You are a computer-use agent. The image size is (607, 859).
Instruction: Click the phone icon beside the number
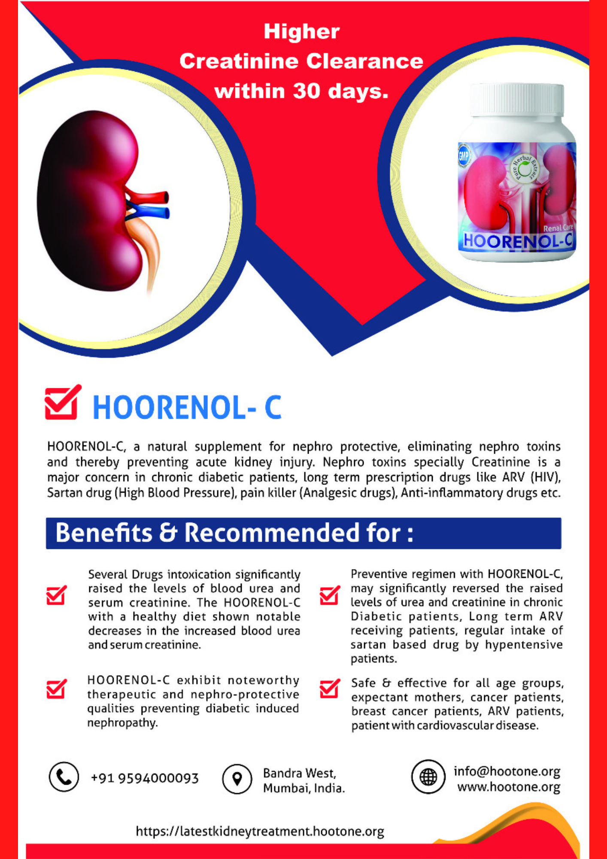64,777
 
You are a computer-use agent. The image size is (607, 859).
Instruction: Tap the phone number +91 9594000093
145,778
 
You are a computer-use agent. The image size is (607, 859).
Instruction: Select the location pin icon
237,779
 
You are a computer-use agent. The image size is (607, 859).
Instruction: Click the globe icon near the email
428,777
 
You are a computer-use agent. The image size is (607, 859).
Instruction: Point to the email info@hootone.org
507,771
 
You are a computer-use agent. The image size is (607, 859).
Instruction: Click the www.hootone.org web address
509,787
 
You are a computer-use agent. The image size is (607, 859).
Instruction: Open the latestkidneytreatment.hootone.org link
260,832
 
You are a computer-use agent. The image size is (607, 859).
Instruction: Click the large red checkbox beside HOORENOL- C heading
62,402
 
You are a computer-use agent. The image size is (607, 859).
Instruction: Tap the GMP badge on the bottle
464,156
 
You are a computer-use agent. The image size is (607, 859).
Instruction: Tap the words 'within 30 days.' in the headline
301,91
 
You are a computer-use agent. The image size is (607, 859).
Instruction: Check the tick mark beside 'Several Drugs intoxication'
56,595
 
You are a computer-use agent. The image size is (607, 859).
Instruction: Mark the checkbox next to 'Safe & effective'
330,689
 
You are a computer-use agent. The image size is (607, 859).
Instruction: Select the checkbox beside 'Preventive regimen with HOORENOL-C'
330,595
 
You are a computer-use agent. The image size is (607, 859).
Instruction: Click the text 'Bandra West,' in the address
300,773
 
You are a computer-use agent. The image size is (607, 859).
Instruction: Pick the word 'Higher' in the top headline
301,32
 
